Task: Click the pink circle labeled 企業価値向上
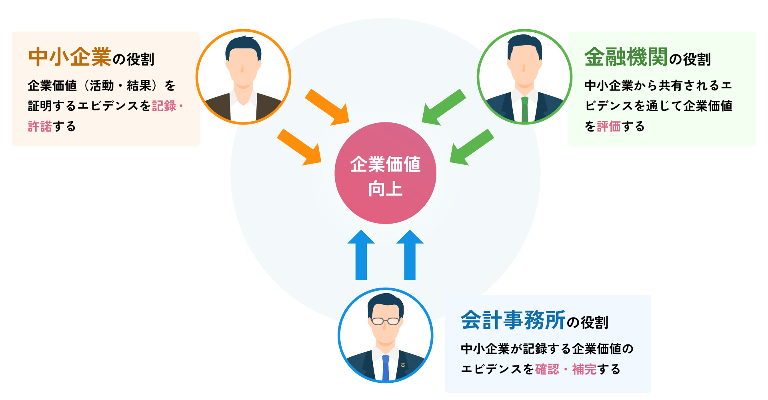click(x=385, y=173)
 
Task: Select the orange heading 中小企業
click(x=70, y=57)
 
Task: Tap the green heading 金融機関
click(x=626, y=57)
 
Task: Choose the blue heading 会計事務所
click(x=513, y=320)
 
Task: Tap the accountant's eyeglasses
click(x=386, y=321)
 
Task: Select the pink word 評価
click(x=608, y=126)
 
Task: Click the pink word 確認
click(x=547, y=369)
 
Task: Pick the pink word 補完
click(x=584, y=369)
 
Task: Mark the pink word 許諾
click(x=40, y=126)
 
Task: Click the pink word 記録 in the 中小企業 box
click(x=164, y=106)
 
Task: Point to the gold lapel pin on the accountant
click(x=403, y=364)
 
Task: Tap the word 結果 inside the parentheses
click(x=139, y=86)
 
